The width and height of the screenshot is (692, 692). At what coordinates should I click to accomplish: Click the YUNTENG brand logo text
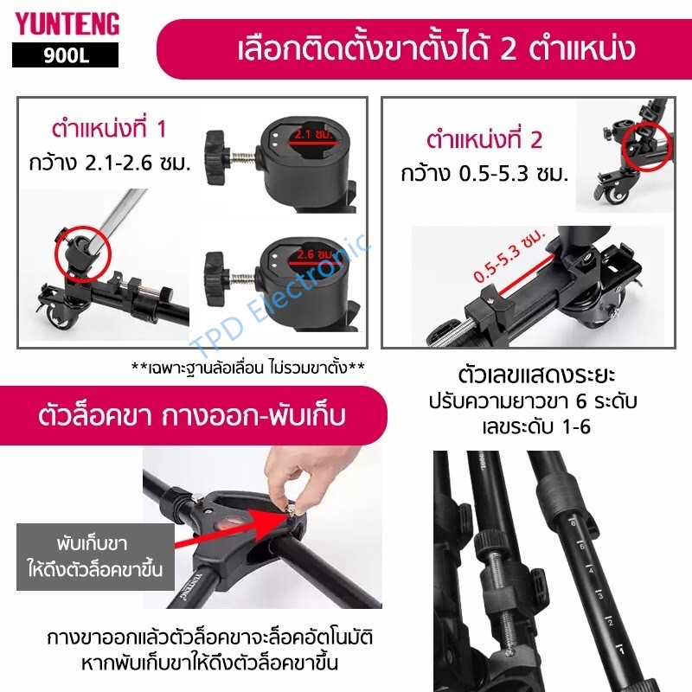pyautogui.click(x=67, y=24)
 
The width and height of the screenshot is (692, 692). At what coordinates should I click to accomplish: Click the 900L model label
pyautogui.click(x=66, y=55)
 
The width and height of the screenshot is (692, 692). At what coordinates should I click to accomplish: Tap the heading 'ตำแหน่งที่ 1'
pyautogui.click(x=110, y=128)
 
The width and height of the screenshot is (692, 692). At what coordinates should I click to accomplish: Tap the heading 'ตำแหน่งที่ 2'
pyautogui.click(x=484, y=139)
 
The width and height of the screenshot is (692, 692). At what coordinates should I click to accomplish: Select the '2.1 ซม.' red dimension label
pyautogui.click(x=313, y=134)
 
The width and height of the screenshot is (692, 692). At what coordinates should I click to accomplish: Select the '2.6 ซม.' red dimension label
pyautogui.click(x=314, y=254)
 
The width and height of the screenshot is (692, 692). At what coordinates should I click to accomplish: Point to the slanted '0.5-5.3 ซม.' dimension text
pyautogui.click(x=509, y=256)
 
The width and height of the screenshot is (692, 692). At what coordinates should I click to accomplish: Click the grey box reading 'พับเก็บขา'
pyautogui.click(x=95, y=557)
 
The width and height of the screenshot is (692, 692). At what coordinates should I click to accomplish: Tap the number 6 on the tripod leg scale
pyautogui.click(x=573, y=523)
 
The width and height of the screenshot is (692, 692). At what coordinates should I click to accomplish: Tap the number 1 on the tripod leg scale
pyautogui.click(x=622, y=651)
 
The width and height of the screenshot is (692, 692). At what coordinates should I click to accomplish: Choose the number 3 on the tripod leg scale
pyautogui.click(x=600, y=596)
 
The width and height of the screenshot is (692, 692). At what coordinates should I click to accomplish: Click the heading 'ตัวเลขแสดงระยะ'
pyautogui.click(x=536, y=375)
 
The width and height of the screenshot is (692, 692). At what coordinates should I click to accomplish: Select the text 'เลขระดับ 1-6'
pyautogui.click(x=536, y=426)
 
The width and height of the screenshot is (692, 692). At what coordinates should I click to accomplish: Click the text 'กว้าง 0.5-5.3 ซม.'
pyautogui.click(x=484, y=174)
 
